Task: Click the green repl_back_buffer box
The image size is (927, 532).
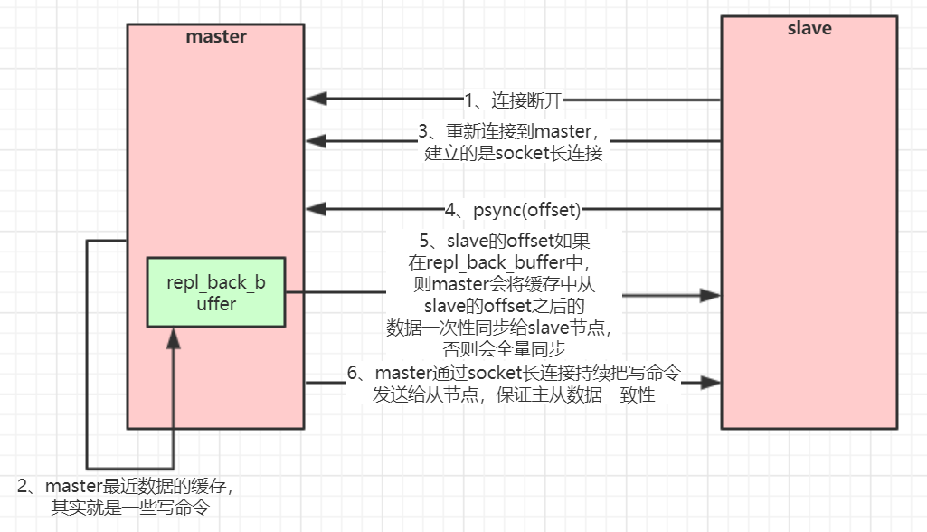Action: click(215, 292)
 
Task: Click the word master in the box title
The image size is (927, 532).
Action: click(216, 37)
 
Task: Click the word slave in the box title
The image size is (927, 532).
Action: click(809, 28)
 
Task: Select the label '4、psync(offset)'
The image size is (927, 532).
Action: click(512, 210)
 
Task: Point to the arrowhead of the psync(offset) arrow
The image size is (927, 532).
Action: click(316, 210)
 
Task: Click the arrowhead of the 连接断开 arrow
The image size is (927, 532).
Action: click(316, 99)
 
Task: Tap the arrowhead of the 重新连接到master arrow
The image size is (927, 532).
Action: click(316, 141)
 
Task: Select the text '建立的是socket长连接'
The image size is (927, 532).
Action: click(514, 153)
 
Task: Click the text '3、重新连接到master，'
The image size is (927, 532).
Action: click(514, 131)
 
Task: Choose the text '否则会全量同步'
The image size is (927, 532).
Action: click(505, 347)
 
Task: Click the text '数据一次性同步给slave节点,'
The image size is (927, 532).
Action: click(505, 326)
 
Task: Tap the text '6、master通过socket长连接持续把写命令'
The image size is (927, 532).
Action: click(513, 373)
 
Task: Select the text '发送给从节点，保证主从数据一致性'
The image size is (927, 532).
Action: click(513, 395)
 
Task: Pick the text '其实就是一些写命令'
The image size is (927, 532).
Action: click(130, 507)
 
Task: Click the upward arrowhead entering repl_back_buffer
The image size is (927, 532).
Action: click(172, 338)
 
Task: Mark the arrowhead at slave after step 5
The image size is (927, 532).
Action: click(712, 294)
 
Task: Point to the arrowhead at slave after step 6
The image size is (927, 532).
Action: click(712, 384)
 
